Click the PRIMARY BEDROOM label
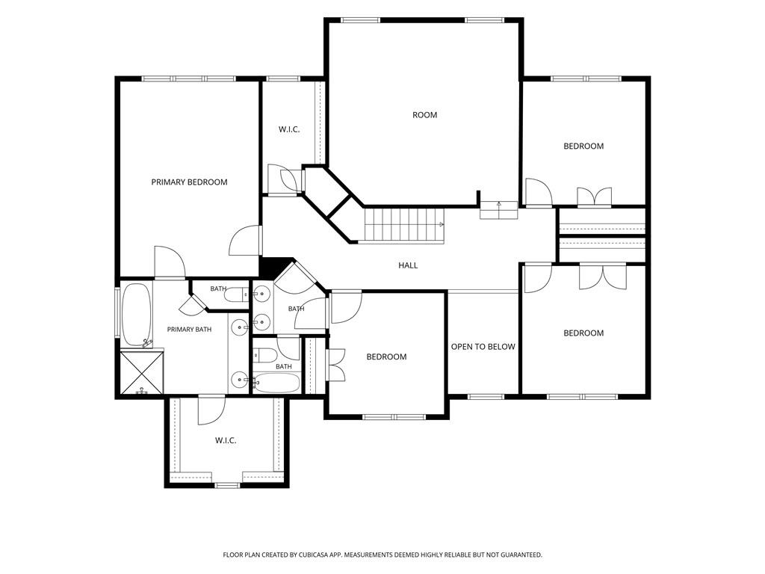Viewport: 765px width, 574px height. [x=189, y=182]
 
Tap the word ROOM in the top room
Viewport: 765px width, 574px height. [x=424, y=115]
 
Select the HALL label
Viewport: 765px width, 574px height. [x=408, y=265]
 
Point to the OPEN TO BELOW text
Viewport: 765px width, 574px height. [x=483, y=347]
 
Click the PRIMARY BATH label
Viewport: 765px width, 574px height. [x=189, y=330]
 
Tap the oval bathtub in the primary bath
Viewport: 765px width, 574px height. [x=136, y=315]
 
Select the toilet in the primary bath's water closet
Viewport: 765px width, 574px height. [x=238, y=294]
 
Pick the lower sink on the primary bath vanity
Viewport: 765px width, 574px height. [x=240, y=379]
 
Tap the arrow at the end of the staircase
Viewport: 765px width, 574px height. [x=441, y=224]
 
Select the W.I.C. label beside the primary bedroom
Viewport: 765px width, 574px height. [x=289, y=130]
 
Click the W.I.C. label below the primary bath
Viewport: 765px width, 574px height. [x=226, y=440]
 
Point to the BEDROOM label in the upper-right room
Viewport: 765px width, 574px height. [x=583, y=146]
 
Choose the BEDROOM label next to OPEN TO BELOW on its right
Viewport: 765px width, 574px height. [x=583, y=333]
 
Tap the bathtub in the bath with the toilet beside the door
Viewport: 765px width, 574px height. [x=276, y=383]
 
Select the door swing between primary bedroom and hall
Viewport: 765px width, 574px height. [x=245, y=240]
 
